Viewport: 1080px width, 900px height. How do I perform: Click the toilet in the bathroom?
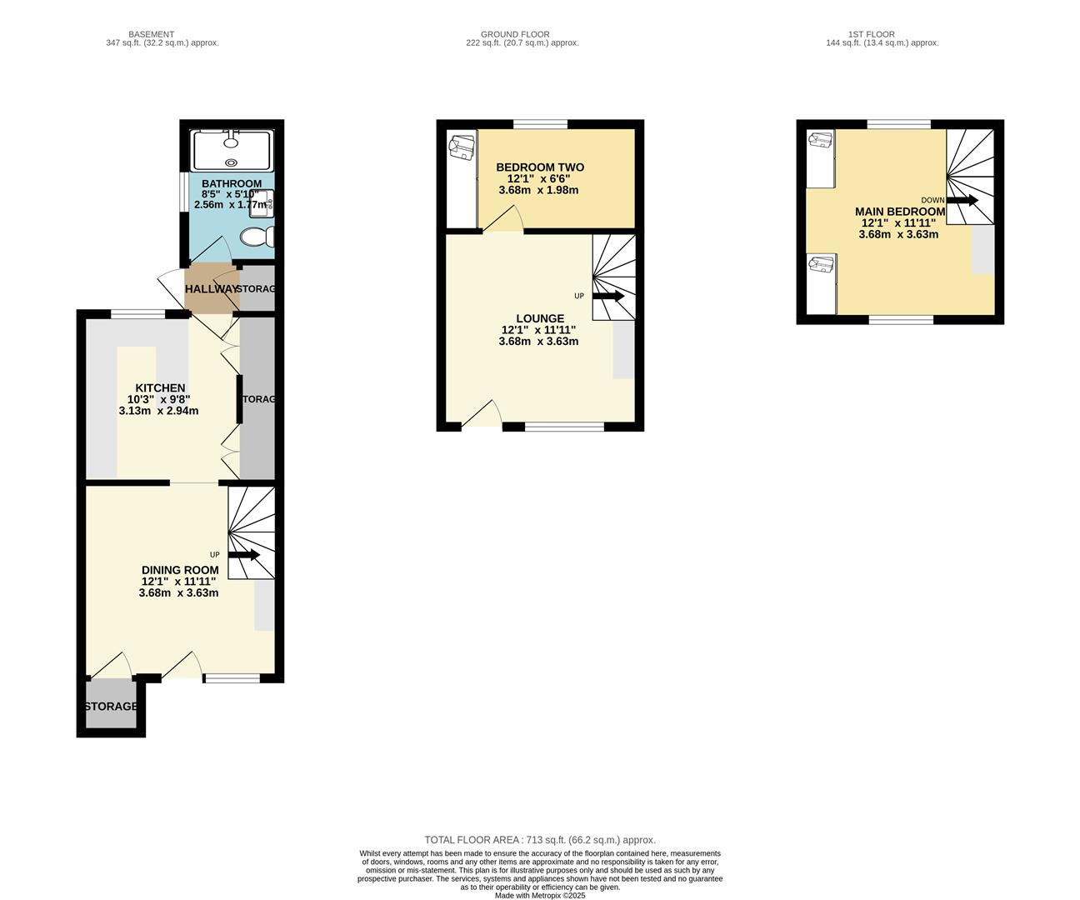[x=257, y=237]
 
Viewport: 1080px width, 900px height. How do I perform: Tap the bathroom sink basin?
[x=262, y=203]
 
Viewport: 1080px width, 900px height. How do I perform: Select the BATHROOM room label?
[x=231, y=183]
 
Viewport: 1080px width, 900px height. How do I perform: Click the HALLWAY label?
[x=212, y=288]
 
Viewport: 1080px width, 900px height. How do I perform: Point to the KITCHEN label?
[x=160, y=388]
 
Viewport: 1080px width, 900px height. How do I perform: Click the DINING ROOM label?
[x=180, y=570]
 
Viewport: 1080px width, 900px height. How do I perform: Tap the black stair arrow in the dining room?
[x=244, y=555]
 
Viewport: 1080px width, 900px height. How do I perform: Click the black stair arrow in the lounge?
[x=608, y=297]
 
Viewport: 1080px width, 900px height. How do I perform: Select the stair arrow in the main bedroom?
[x=962, y=200]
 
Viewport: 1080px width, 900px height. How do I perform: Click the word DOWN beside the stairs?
[x=932, y=200]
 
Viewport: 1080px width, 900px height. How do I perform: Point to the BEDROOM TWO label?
[x=539, y=167]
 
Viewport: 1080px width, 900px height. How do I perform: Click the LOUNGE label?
[x=539, y=318]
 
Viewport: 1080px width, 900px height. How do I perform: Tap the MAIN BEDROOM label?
[x=899, y=212]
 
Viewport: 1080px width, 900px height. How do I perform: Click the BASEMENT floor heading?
[x=151, y=34]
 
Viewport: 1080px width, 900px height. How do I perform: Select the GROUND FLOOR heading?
[x=515, y=34]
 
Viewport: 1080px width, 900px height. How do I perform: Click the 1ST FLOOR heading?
[x=871, y=34]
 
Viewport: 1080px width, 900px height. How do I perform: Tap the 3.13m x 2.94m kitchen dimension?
[x=159, y=411]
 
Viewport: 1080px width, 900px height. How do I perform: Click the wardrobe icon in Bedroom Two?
[x=462, y=147]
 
